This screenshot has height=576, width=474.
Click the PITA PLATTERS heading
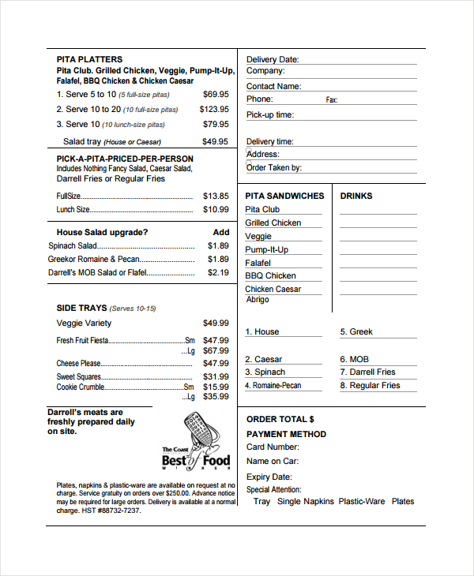tap(89, 59)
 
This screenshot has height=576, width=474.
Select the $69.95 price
tap(216, 94)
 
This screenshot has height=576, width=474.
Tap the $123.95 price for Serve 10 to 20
tap(214, 109)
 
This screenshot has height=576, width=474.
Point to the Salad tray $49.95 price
tap(216, 141)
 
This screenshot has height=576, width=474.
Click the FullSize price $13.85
tap(216, 196)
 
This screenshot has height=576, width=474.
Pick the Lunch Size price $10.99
tap(216, 209)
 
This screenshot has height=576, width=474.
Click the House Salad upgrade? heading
tap(102, 232)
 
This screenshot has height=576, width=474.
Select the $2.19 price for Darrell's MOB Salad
tap(218, 272)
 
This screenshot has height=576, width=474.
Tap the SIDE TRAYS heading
tap(82, 308)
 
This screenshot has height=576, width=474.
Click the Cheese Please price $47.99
tap(216, 363)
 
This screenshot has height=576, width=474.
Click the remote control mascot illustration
tap(200, 430)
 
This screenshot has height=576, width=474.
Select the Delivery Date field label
tap(273, 59)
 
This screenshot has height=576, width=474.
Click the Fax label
tap(332, 100)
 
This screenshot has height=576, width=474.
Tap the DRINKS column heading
tap(356, 196)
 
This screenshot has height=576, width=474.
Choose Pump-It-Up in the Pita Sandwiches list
tap(267, 249)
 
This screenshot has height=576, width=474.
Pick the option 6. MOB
tap(355, 359)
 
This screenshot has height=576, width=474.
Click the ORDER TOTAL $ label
tap(280, 419)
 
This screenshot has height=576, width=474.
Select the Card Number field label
tap(273, 447)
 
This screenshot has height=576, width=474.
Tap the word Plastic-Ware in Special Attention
tap(362, 501)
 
